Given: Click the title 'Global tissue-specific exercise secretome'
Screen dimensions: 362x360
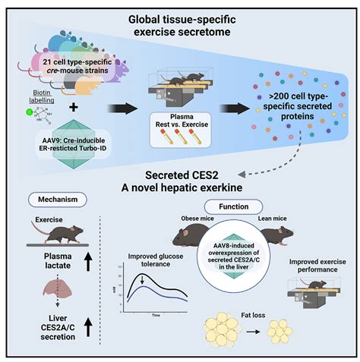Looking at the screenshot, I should tap(180, 20).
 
